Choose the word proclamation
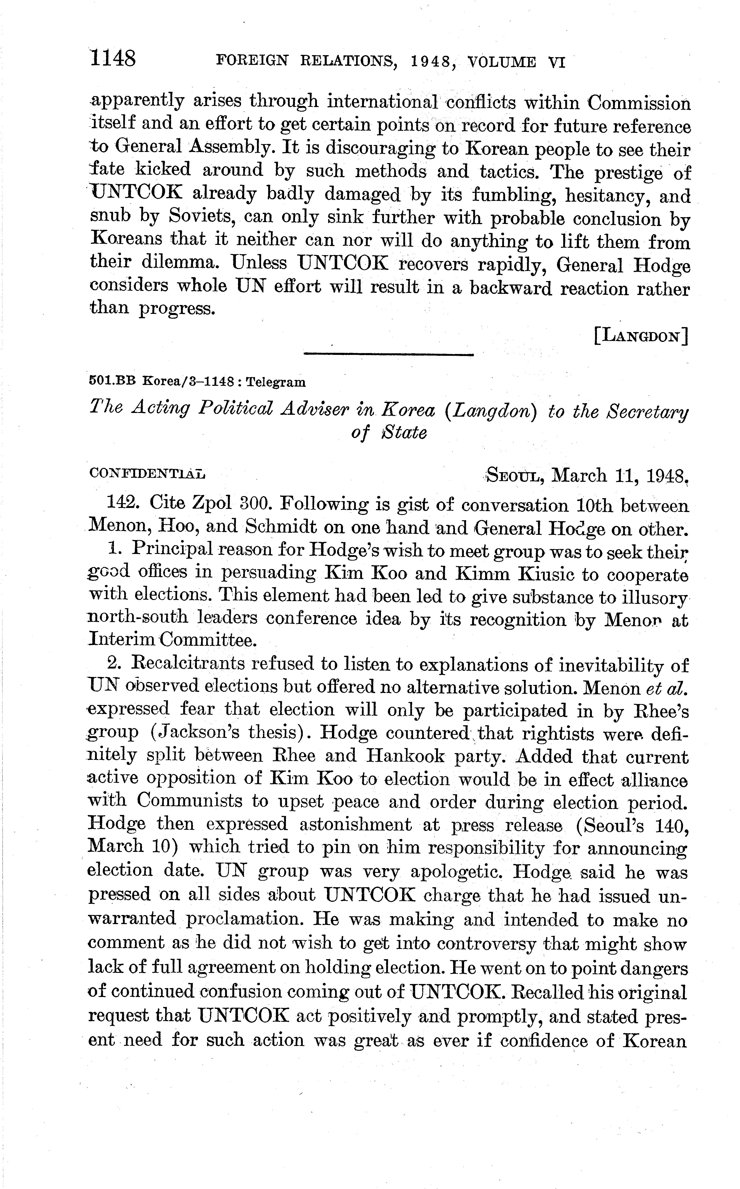pyautogui.click(x=243, y=918)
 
